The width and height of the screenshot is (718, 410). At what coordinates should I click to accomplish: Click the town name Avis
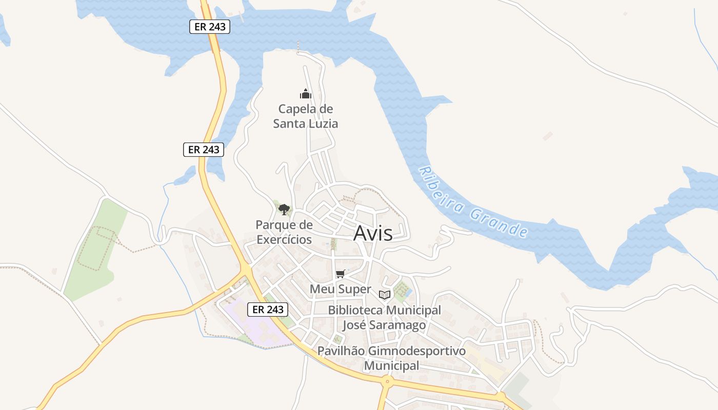coord(373,233)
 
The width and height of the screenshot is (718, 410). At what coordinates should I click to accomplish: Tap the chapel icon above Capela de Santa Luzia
coord(306,94)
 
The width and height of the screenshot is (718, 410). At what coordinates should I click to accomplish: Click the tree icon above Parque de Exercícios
coord(284,209)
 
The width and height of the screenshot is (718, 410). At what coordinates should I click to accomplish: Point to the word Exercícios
coord(284,239)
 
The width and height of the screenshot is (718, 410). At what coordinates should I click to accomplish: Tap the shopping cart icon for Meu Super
coord(340,274)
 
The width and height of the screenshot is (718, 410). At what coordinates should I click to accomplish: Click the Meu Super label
coord(340,289)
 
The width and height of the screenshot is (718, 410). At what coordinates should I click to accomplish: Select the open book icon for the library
coord(385,295)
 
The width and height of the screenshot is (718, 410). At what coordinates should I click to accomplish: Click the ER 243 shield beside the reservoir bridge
coord(210,27)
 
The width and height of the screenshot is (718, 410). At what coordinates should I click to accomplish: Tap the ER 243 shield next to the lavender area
coord(268,310)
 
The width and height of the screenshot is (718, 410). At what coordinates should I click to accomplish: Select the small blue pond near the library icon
coord(408,293)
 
